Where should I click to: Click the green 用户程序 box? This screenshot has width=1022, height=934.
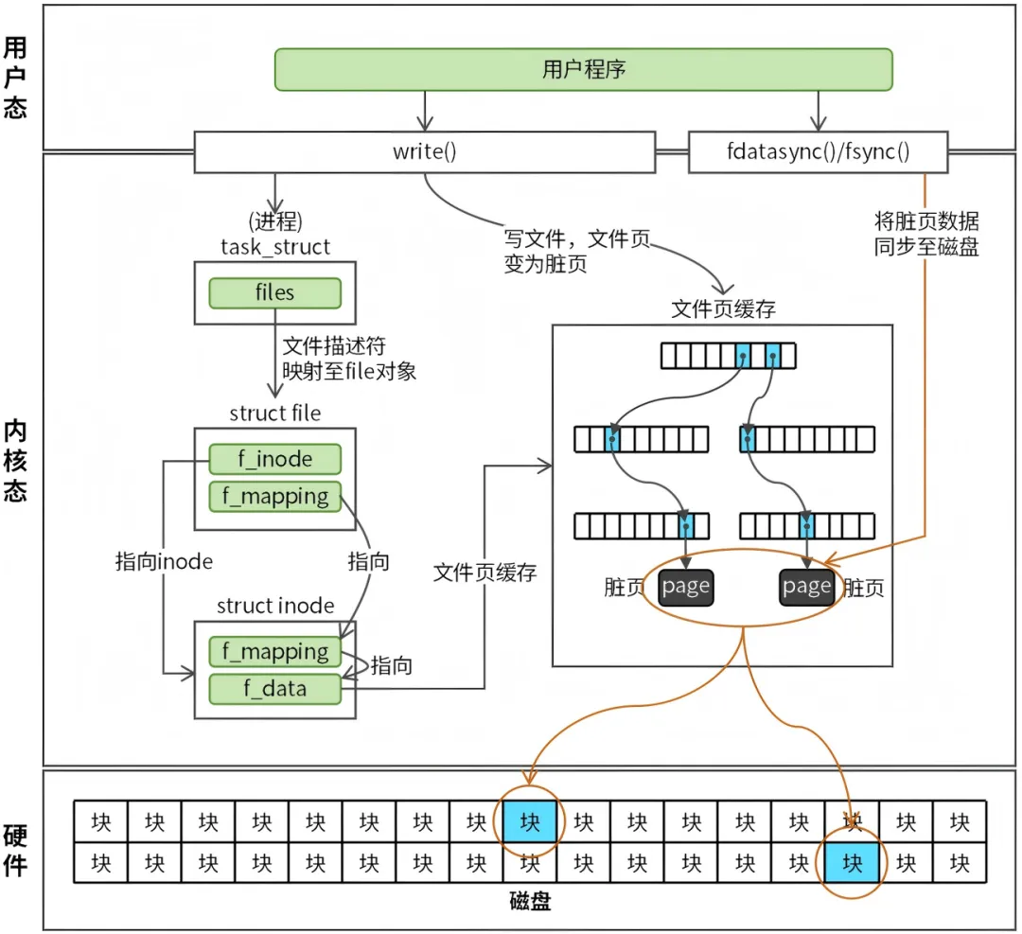[583, 69]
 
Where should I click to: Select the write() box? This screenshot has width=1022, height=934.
[424, 151]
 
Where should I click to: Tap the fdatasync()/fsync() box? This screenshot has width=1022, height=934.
[817, 151]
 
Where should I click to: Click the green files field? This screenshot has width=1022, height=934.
[274, 292]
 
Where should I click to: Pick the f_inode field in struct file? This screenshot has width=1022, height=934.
[274, 460]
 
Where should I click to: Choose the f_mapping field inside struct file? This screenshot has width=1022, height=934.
[274, 497]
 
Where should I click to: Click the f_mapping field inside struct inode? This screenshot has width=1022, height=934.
[274, 651]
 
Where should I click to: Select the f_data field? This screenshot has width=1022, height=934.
[274, 688]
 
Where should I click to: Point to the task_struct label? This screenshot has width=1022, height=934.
[274, 247]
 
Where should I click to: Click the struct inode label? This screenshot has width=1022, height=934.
[275, 606]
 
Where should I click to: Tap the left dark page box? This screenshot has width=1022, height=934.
[686, 587]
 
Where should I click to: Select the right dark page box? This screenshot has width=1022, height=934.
[806, 587]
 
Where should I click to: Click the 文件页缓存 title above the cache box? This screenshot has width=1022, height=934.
[723, 309]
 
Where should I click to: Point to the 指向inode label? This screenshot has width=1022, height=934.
[164, 561]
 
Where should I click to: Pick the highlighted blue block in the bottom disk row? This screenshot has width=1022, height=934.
[853, 863]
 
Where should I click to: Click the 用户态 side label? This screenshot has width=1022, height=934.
[15, 78]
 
